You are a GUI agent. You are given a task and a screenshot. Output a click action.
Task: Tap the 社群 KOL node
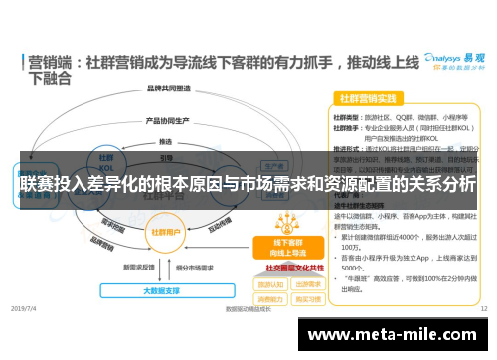click(x=105, y=160)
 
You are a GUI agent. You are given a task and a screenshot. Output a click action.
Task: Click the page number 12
click(x=483, y=309)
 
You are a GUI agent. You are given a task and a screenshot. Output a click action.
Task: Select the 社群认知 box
click(x=269, y=283)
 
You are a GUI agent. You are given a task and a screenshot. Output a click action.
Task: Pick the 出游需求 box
click(x=306, y=283)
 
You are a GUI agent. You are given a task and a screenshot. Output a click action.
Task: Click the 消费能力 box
click(x=269, y=298)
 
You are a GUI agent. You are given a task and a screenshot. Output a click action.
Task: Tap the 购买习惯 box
click(x=306, y=298)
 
